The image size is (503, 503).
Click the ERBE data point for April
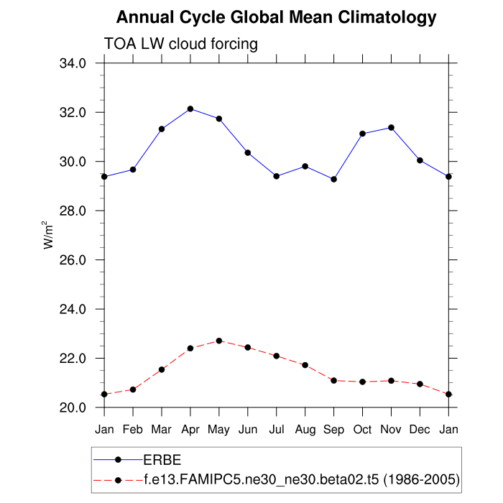click(x=190, y=109)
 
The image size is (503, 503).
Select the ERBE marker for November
click(x=392, y=127)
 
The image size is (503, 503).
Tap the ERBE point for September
click(x=334, y=179)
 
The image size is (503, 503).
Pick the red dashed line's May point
click(x=219, y=341)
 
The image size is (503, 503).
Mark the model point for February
click(x=133, y=389)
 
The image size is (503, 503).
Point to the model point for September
click(x=334, y=380)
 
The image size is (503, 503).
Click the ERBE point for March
click(x=162, y=129)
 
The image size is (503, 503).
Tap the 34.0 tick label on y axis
click(x=72, y=63)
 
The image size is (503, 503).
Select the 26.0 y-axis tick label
click(x=72, y=260)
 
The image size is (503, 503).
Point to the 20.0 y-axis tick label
click(x=72, y=407)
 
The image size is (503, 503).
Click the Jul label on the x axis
click(x=277, y=429)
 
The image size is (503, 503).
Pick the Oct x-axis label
click(x=363, y=429)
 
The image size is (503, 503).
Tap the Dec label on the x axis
click(x=420, y=429)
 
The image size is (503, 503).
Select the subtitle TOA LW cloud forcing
click(x=181, y=44)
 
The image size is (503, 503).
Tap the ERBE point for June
click(x=248, y=152)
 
